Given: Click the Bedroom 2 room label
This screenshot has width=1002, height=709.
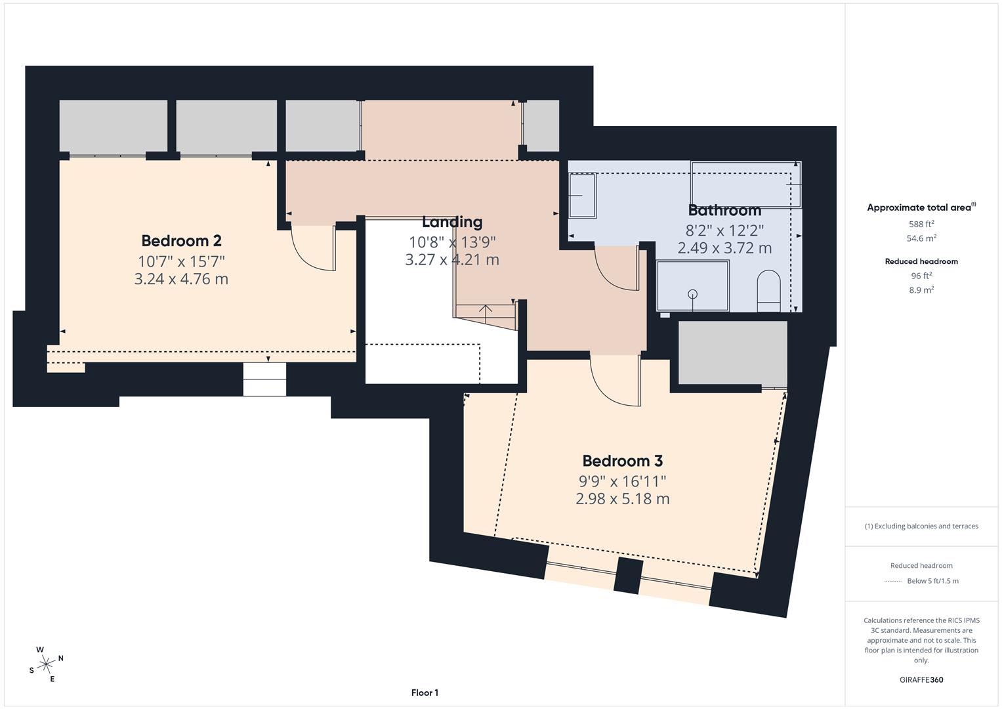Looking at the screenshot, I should pos(181,240).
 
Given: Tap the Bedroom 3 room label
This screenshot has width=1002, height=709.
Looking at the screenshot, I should pos(622,461).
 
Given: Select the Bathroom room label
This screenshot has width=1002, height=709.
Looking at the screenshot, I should pos(724,211).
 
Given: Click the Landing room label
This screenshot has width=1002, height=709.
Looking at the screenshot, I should pos(451,222).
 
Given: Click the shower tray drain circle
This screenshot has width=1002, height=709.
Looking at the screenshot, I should pos(692,294).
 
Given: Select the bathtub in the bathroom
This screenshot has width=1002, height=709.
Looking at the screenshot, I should pos(745,185).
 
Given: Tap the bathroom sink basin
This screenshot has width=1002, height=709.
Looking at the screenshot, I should pos(581,195).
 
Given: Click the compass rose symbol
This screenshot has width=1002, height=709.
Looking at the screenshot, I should pos(46,664).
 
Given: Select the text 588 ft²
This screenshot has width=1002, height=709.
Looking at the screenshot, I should pos(921,224).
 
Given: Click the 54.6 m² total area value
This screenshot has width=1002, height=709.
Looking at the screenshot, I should pos(921,239).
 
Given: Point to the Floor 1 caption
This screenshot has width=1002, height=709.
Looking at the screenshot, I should pos(425,693).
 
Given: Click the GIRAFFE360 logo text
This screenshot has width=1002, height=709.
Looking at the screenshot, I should pos(921,679).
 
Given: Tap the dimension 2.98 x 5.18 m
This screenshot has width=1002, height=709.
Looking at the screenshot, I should pos(622,499).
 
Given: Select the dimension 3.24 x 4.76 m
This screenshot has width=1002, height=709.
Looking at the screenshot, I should pos(181,279).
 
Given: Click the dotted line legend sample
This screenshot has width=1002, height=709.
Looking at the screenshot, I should pos(892,581).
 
